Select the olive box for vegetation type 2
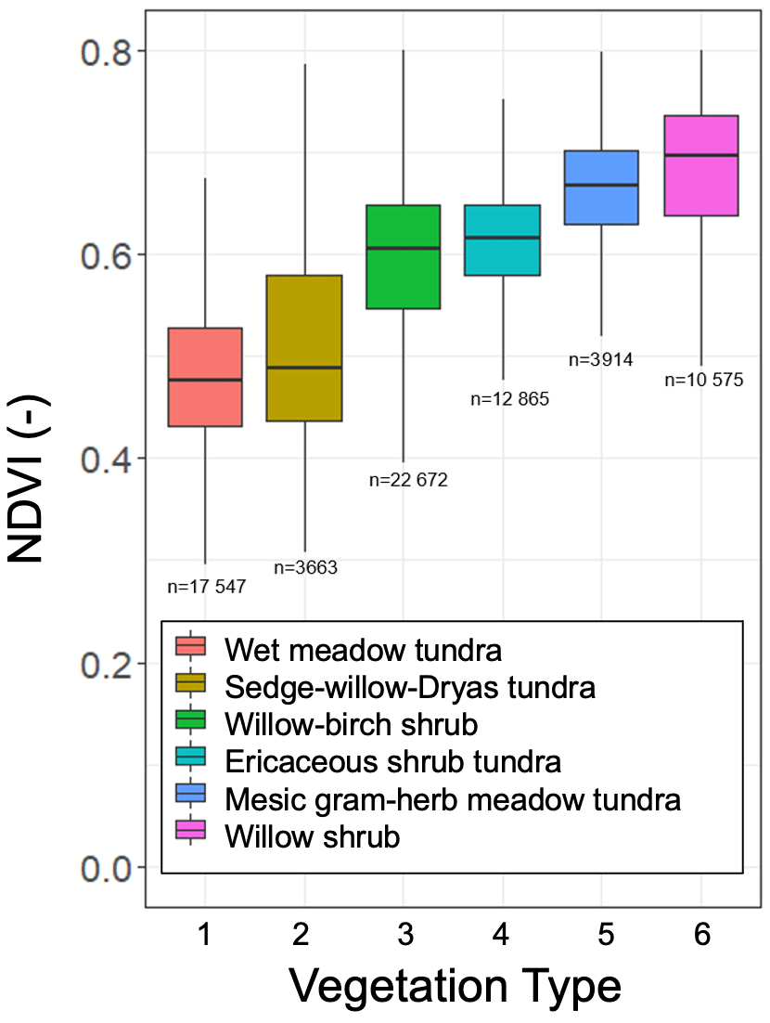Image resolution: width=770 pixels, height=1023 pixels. click(x=304, y=348)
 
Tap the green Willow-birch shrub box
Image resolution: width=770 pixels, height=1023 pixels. click(x=403, y=256)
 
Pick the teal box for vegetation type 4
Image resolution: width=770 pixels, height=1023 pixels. click(x=502, y=240)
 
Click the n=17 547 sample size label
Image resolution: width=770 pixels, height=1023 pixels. click(x=207, y=587)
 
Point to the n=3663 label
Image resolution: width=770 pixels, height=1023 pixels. click(x=305, y=568)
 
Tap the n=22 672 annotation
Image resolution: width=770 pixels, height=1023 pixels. click(x=408, y=481)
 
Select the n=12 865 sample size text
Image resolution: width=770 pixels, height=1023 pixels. click(x=510, y=400)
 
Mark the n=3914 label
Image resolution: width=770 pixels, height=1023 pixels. click(x=601, y=360)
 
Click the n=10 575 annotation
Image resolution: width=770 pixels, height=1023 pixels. click(x=704, y=380)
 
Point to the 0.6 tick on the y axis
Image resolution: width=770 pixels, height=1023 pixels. click(x=106, y=255)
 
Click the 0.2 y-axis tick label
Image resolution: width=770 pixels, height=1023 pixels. click(x=106, y=663)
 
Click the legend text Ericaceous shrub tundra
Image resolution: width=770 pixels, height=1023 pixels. click(x=392, y=761)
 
